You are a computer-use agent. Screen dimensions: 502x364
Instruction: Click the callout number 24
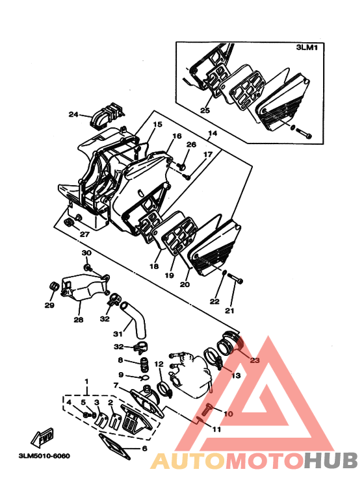[x=73, y=115]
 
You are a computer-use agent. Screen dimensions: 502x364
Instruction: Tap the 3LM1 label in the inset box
[x=305, y=48]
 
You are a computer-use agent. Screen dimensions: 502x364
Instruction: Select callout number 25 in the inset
[x=205, y=110]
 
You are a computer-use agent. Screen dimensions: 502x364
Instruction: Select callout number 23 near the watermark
[x=254, y=360]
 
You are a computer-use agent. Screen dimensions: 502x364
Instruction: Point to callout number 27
[x=84, y=234]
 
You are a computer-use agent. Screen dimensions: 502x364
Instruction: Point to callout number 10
[x=227, y=414]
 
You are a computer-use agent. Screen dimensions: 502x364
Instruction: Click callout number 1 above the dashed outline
[x=84, y=379]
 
